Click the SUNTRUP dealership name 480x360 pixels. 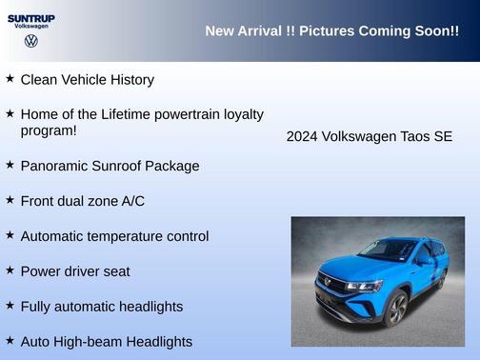pos(31,17)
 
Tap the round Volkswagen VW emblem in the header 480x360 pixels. pos(31,42)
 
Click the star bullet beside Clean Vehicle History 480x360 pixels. pos(10,79)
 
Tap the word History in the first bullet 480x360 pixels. pos(129,80)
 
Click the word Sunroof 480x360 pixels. pos(121,166)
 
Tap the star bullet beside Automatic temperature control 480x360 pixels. pos(10,235)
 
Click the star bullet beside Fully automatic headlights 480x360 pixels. pos(10,306)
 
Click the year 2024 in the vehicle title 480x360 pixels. pos(302,137)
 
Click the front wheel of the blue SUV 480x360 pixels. pos(397,308)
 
